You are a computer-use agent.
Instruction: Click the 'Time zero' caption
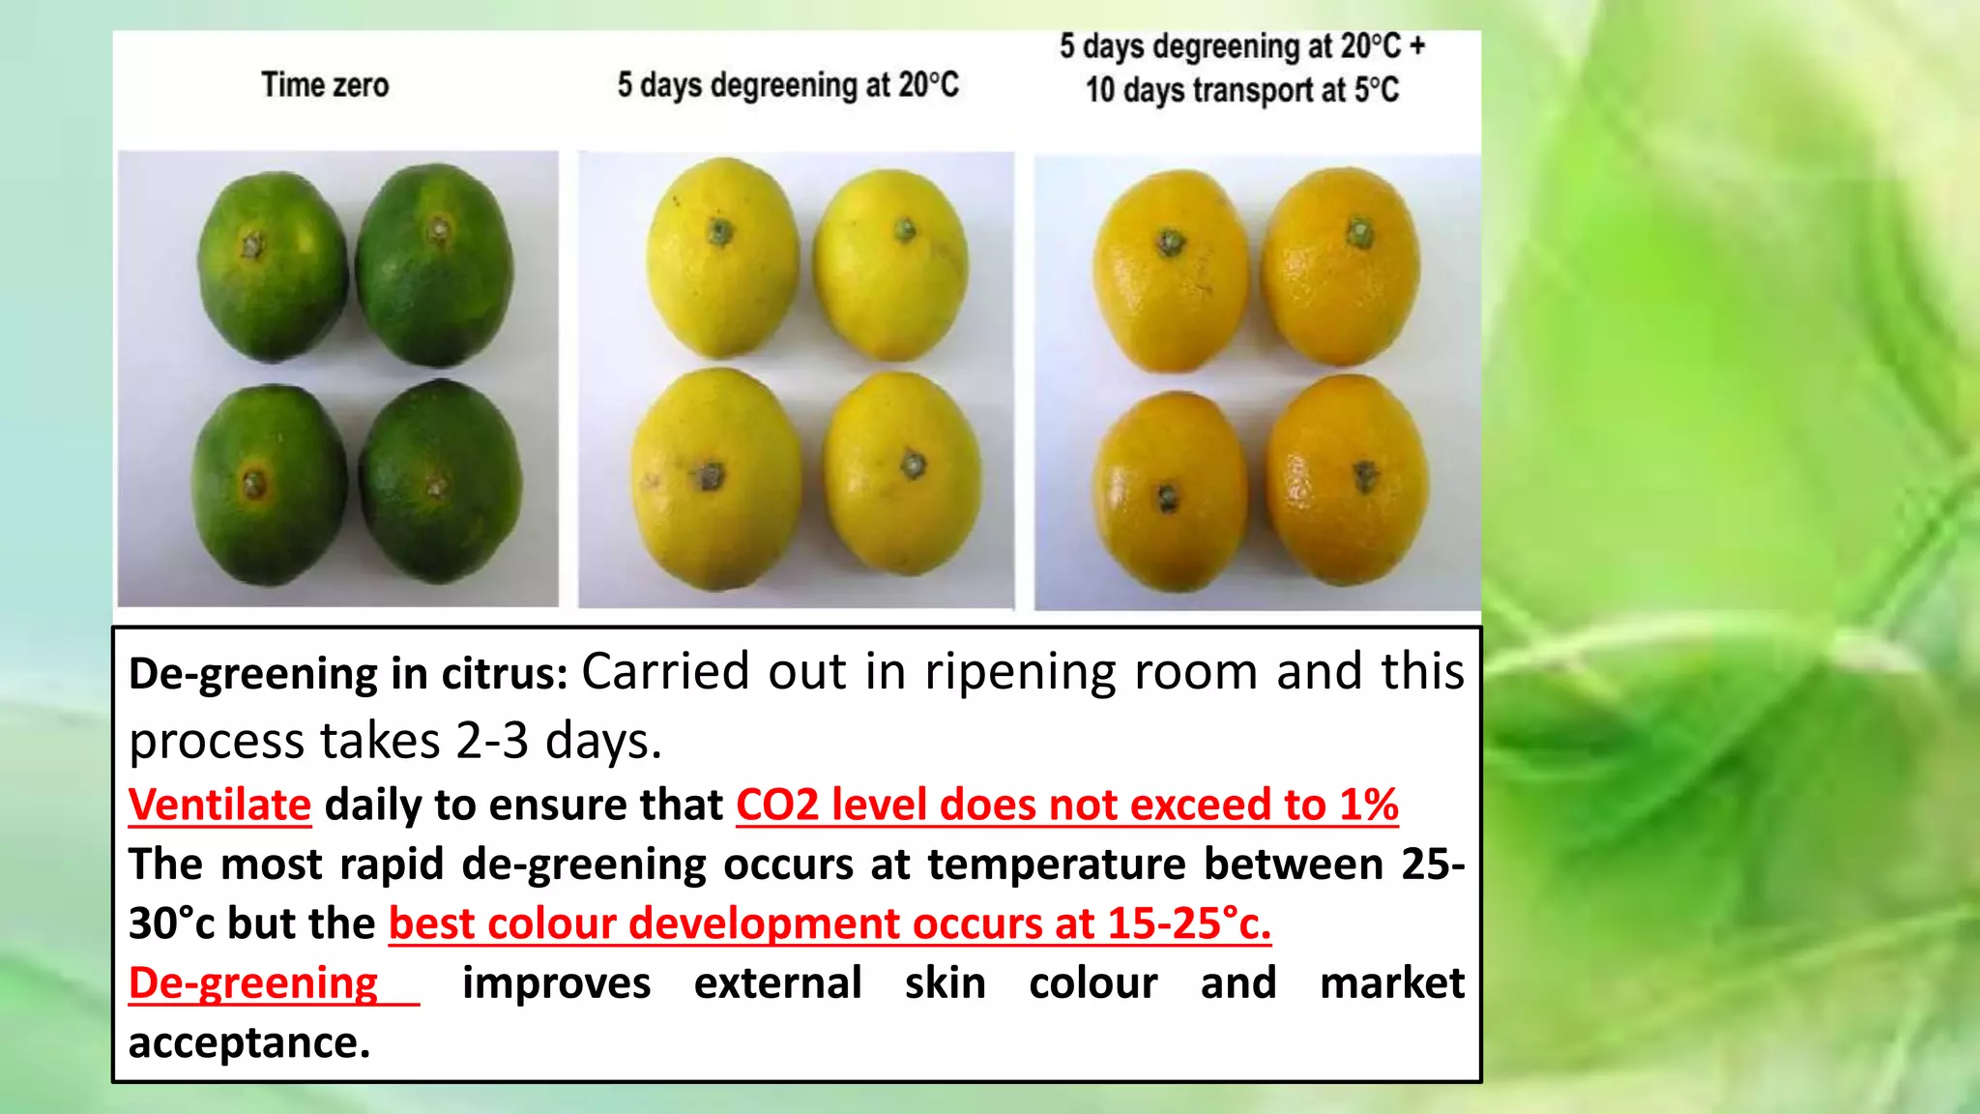click(x=325, y=85)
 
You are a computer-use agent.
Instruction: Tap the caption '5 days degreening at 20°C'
click(x=788, y=85)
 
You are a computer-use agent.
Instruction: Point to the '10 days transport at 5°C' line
click(x=1241, y=90)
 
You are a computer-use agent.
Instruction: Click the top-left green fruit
click(x=272, y=267)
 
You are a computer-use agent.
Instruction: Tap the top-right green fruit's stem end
click(x=439, y=230)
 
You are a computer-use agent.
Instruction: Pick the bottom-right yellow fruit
click(x=903, y=474)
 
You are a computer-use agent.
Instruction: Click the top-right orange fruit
click(x=1341, y=266)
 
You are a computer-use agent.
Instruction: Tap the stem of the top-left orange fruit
click(x=1171, y=241)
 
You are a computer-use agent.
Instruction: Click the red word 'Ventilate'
click(x=219, y=805)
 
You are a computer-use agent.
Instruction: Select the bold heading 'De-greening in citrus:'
click(x=348, y=673)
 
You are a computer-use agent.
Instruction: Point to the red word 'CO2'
click(x=777, y=805)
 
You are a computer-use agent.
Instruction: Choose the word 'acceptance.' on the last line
click(x=249, y=1042)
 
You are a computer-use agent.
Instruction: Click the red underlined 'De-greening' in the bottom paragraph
click(x=253, y=982)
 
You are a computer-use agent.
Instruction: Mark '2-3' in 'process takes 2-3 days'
click(x=492, y=741)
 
